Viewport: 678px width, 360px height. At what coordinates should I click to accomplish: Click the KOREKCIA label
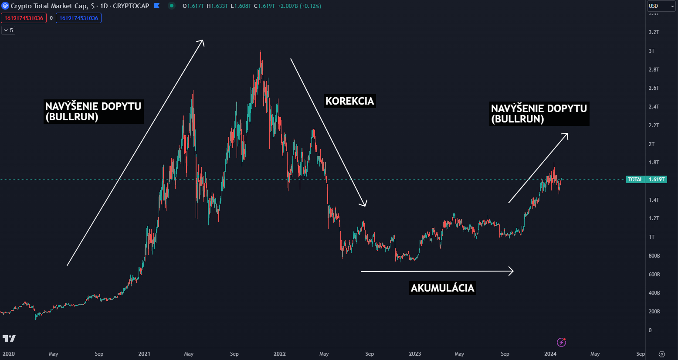coord(349,101)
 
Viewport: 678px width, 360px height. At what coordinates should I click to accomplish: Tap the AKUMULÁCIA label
coord(442,288)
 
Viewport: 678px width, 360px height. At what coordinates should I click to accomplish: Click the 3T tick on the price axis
coord(651,51)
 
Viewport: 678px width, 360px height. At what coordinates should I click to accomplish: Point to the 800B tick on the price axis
coord(654,256)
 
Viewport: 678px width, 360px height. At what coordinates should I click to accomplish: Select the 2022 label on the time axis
coord(279,354)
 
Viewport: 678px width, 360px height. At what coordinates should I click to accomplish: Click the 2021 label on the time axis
coord(144,354)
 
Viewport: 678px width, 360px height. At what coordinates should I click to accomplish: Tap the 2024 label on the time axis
coord(550,354)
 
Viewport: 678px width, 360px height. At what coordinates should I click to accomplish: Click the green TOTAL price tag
coord(635,180)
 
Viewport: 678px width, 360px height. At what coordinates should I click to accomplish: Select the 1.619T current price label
coord(656,180)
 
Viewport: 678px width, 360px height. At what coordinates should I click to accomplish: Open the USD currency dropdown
coord(660,6)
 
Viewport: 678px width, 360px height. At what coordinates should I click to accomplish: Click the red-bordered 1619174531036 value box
coord(24,18)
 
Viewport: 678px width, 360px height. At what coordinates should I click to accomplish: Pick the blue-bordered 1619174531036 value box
coord(78,18)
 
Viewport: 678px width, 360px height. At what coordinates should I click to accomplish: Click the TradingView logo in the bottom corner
coord(9,339)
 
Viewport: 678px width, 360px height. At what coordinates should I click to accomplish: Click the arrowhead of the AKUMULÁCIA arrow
coord(512,271)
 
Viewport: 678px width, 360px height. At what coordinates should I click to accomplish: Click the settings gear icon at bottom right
coord(661,354)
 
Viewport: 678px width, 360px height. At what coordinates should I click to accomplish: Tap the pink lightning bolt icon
coord(562,342)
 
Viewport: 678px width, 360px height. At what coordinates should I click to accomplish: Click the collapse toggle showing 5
coord(8,31)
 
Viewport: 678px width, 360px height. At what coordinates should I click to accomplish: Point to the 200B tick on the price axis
coord(654,312)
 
